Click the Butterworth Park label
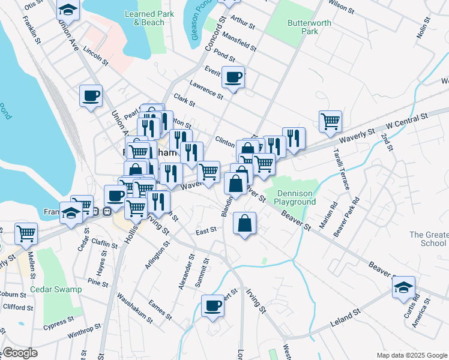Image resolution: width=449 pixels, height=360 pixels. coord(302,27)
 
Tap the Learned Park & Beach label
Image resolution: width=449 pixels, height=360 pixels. coord(144,18)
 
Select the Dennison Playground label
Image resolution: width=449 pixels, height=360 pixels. coord(295,198)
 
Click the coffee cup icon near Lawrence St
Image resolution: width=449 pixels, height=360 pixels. coord(233,77)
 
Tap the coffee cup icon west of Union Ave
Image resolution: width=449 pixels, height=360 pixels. coord(91,95)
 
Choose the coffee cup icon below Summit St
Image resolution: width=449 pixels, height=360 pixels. coord(212,306)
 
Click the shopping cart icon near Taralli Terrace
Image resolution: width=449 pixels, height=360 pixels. coord(330,121)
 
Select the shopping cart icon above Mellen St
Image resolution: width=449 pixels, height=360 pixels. coord(26,233)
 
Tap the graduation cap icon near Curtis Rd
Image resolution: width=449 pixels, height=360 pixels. coord(404,287)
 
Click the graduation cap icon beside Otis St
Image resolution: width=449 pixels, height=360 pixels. coord(68,9)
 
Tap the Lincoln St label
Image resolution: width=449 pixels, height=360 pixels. coord(96,56)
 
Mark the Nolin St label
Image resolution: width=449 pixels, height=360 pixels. coord(424,29)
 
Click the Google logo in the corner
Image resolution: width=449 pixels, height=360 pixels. coord(19,353)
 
